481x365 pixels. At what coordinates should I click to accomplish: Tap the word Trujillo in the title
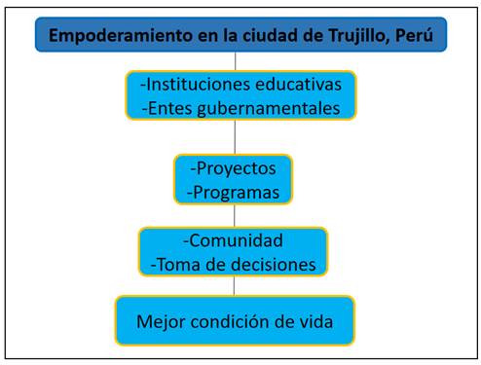point(359,36)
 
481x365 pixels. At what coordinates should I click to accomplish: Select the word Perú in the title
point(414,35)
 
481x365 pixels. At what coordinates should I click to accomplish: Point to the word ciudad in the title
point(271,35)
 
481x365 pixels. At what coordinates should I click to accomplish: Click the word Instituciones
point(196,85)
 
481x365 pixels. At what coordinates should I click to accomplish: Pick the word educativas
point(299,85)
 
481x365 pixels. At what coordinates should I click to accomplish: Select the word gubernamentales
point(269,109)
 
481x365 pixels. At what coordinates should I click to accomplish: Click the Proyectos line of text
point(233,168)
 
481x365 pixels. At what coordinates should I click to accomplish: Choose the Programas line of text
point(233,193)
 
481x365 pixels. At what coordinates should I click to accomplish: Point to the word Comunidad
point(233,240)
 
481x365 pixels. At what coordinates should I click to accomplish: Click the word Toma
point(175,265)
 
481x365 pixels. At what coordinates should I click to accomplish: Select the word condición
point(230,322)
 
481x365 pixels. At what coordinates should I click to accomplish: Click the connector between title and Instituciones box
point(236,61)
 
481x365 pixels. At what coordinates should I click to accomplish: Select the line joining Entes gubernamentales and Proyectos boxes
point(235,136)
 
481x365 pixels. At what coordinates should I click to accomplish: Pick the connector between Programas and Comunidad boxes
point(235,216)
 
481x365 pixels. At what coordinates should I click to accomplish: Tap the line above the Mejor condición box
point(234,285)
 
